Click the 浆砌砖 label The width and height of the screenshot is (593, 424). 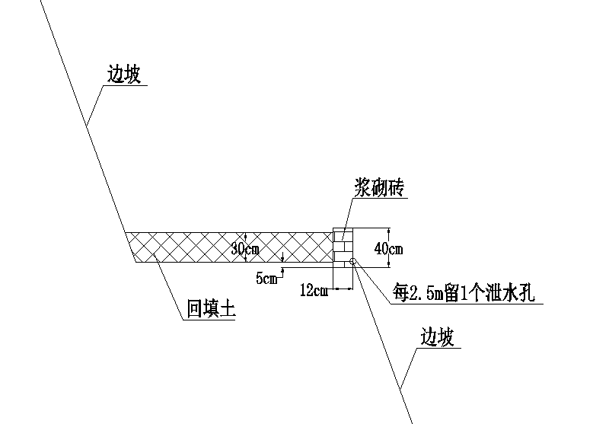pyautogui.click(x=379, y=187)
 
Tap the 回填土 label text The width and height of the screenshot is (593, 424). pyautogui.click(x=212, y=308)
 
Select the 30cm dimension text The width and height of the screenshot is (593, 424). pyautogui.click(x=245, y=249)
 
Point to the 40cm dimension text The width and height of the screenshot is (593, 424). pyautogui.click(x=388, y=248)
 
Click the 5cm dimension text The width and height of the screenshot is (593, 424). pyautogui.click(x=266, y=279)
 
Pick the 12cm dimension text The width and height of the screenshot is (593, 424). pyautogui.click(x=314, y=291)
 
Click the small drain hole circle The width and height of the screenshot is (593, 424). pyautogui.click(x=352, y=261)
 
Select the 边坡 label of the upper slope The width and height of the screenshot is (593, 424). pyautogui.click(x=124, y=74)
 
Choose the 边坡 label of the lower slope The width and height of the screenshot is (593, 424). pyautogui.click(x=437, y=337)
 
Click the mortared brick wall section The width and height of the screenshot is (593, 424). pyautogui.click(x=343, y=247)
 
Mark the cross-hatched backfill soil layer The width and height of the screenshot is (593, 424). pyautogui.click(x=230, y=247)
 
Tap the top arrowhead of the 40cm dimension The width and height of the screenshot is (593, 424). pyautogui.click(x=389, y=231)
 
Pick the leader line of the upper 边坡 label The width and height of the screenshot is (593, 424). pyautogui.click(x=94, y=106)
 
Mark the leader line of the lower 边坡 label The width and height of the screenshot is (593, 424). pyautogui.click(x=409, y=368)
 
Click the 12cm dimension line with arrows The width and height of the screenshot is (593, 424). pyautogui.click(x=343, y=289)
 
